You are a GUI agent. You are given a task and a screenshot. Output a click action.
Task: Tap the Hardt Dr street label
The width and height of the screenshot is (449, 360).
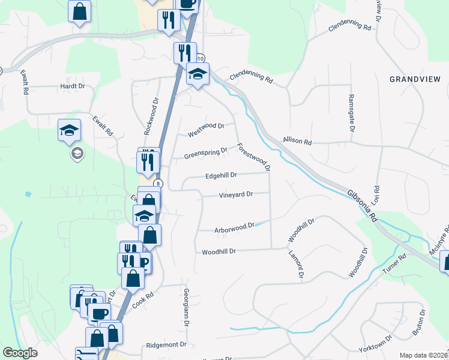click(73, 86)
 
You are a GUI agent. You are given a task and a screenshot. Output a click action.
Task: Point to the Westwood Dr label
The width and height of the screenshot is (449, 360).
click(205, 127)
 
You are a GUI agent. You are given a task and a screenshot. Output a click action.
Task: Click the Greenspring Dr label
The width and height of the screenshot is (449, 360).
click(206, 154)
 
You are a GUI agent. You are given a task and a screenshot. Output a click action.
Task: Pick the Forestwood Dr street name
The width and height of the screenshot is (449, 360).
click(253, 157)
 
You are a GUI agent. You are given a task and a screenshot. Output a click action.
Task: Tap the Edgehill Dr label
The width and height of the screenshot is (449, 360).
click(221, 176)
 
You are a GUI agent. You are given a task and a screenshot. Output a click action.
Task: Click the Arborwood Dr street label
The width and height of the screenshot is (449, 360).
click(235, 228)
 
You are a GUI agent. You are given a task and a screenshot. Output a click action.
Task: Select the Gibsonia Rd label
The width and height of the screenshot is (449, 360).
click(361, 204)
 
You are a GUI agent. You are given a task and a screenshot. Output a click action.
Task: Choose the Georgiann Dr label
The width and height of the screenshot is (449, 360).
click(187, 306)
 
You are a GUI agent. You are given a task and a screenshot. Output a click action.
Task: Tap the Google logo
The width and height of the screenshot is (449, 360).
click(20, 353)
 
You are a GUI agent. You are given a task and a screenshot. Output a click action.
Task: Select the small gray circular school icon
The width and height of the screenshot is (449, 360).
click(77, 154)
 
